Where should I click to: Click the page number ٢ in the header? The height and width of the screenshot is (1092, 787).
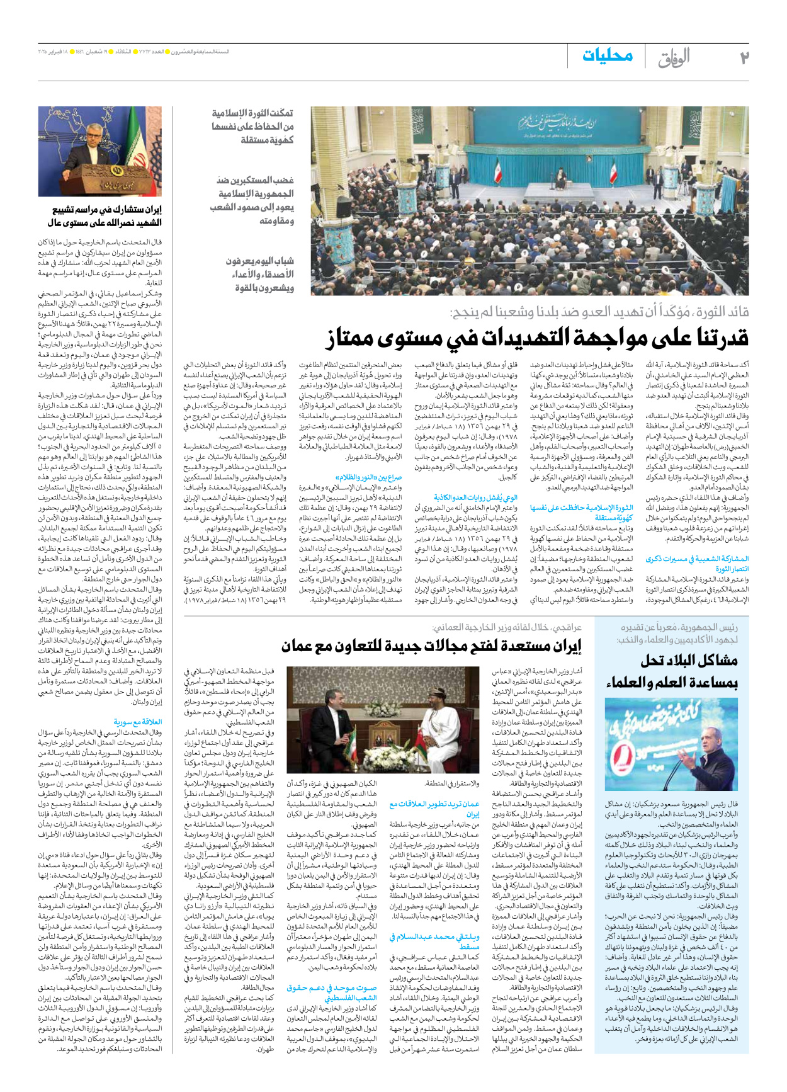point(744,57)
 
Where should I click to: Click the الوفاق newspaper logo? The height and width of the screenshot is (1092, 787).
point(674,57)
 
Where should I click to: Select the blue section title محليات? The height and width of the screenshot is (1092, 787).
point(607,55)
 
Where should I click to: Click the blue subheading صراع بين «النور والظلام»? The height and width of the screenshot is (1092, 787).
point(369,477)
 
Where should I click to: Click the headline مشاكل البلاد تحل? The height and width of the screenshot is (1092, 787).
point(689,661)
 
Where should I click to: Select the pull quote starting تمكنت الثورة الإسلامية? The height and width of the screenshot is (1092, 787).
point(252,126)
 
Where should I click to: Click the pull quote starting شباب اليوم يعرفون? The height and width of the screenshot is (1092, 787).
point(260,274)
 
